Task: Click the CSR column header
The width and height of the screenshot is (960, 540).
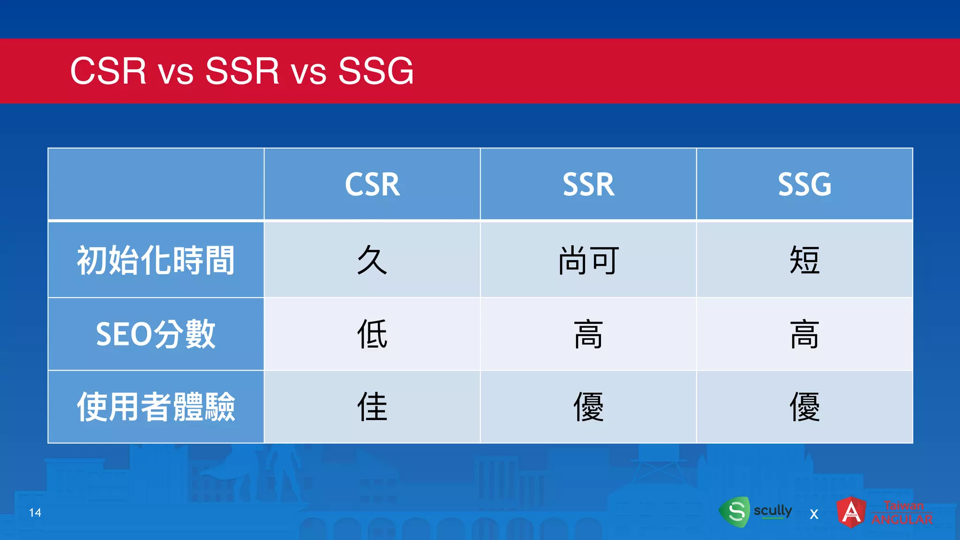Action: tap(372, 184)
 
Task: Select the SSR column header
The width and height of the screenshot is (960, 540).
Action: tap(588, 184)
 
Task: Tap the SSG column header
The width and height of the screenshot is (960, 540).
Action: tap(804, 184)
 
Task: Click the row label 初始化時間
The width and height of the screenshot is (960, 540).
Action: tap(156, 260)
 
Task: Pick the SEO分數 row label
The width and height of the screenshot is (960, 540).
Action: tap(156, 334)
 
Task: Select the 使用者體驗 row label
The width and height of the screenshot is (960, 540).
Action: tap(156, 407)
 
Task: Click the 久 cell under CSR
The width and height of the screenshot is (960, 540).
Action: tap(372, 260)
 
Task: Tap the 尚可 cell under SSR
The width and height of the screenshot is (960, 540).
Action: tap(588, 260)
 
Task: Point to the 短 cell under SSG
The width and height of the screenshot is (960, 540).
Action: tap(804, 260)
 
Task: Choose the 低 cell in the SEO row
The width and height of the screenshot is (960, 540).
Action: tap(372, 334)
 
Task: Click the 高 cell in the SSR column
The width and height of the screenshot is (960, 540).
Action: tap(588, 334)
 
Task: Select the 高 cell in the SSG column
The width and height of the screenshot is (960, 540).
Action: tap(804, 334)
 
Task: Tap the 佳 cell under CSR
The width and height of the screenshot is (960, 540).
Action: tap(372, 407)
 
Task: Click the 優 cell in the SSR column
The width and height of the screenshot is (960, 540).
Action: tap(588, 407)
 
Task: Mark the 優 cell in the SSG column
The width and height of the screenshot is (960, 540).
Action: tap(804, 407)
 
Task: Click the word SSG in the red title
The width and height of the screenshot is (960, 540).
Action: tap(375, 71)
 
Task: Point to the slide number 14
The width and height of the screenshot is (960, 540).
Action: tap(35, 512)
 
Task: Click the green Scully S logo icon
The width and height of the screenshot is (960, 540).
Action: tap(735, 511)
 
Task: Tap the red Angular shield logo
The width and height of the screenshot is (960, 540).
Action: tap(851, 512)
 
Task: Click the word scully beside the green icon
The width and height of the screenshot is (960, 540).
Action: tap(772, 510)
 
